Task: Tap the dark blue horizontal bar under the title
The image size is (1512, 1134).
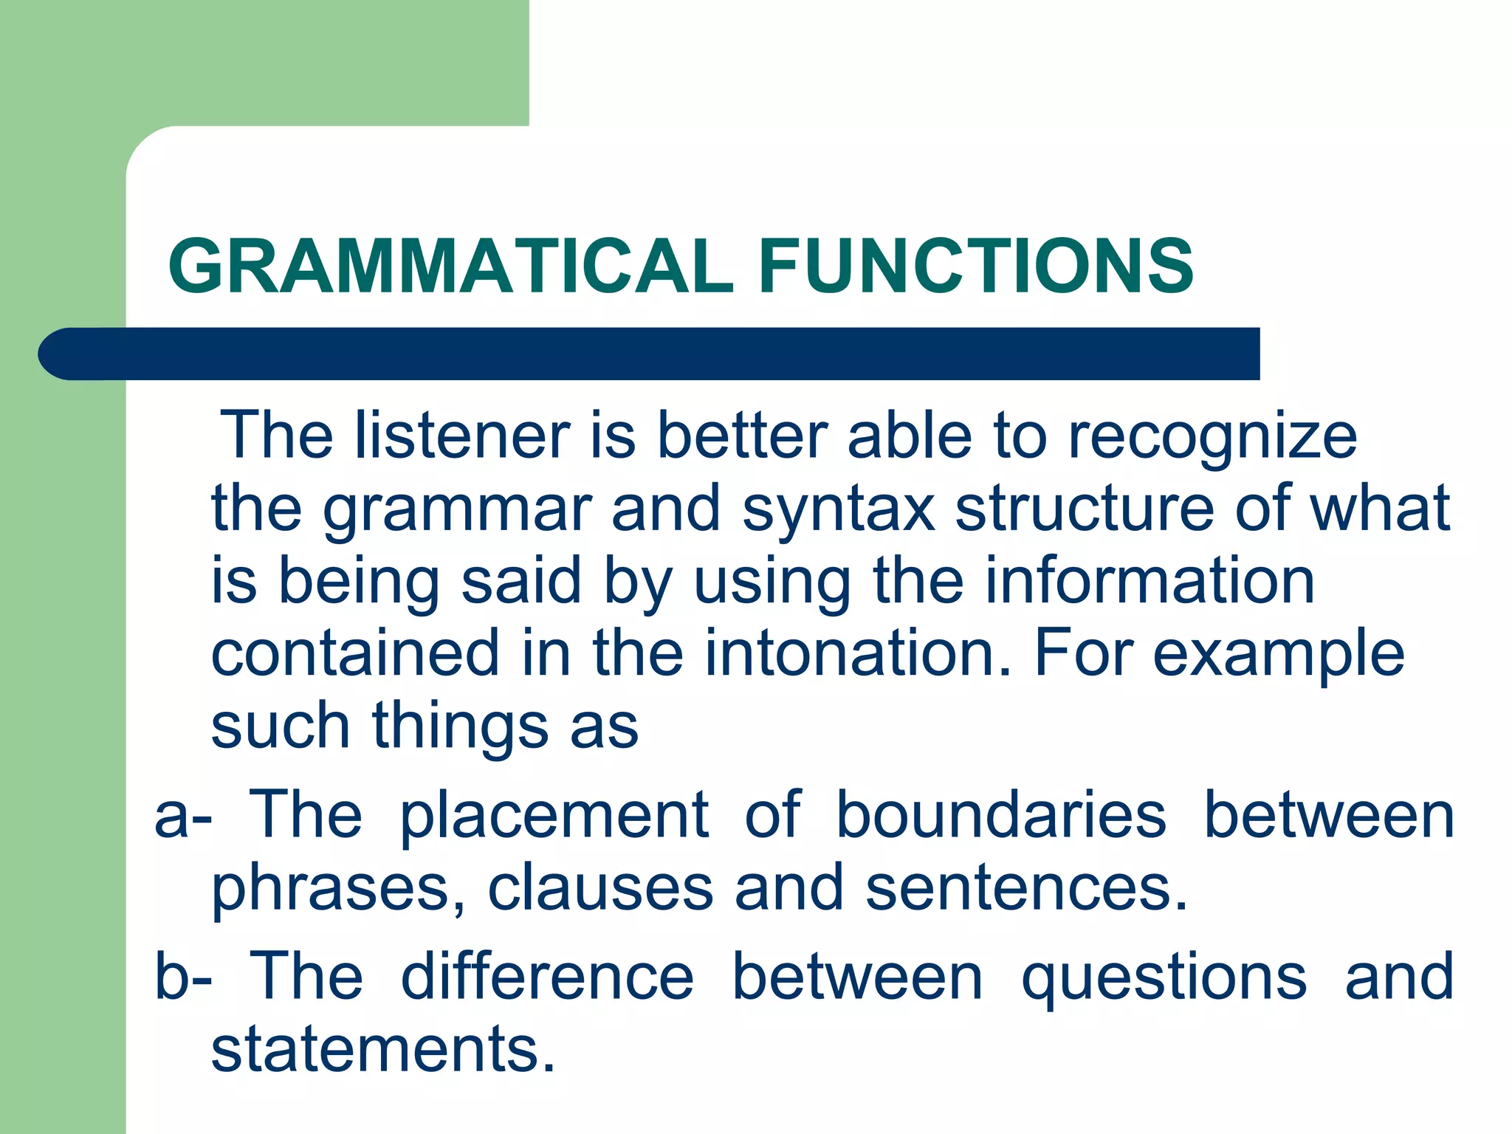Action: [x=650, y=354]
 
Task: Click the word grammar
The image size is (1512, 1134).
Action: [x=457, y=511]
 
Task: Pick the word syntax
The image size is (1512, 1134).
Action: [x=839, y=511]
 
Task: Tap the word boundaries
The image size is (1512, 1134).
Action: [x=1000, y=815]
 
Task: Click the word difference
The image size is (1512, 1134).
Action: [x=547, y=976]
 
